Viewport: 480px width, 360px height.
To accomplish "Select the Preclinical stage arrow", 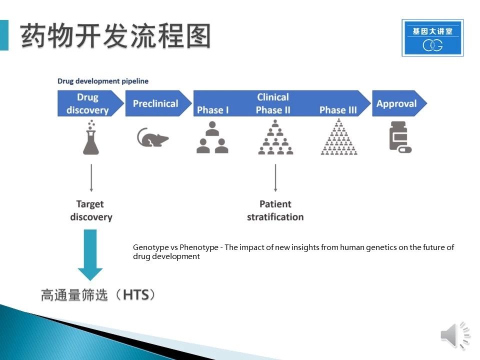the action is (158, 103).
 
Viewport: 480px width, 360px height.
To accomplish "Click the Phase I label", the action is (213, 110).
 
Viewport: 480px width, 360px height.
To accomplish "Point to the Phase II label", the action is (273, 110).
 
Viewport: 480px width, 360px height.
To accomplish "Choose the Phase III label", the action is (338, 110).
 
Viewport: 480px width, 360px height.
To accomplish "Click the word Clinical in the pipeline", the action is (273, 97).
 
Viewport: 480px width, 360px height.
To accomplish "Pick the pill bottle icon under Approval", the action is (400, 136).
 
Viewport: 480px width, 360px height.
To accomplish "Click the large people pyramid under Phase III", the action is (339, 137).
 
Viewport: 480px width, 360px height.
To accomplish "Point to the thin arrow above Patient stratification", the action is (275, 178).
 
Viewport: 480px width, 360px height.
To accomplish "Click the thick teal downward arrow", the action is (90, 255).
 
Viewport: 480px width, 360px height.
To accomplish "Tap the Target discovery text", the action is (91, 210).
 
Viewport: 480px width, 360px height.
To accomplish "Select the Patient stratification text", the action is (275, 210).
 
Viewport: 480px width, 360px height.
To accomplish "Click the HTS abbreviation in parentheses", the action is (136, 295).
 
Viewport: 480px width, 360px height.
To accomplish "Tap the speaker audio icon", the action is (455, 335).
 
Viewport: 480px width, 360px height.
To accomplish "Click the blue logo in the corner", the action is (432, 37).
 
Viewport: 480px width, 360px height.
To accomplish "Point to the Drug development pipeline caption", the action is (103, 81).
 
